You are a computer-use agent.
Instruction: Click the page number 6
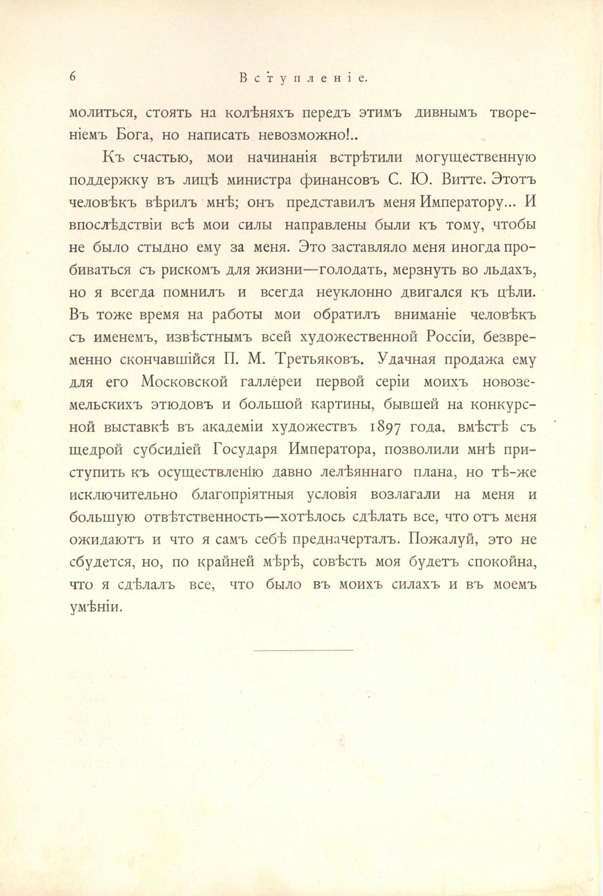tap(72, 76)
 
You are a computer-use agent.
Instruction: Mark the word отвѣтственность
tap(209, 518)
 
